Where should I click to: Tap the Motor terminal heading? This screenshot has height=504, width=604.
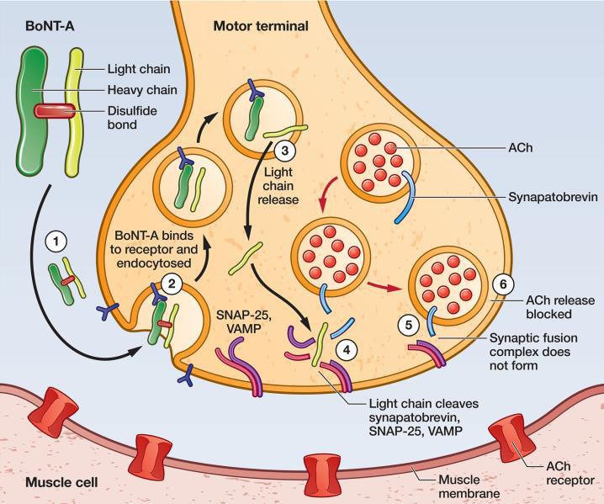point(261,26)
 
